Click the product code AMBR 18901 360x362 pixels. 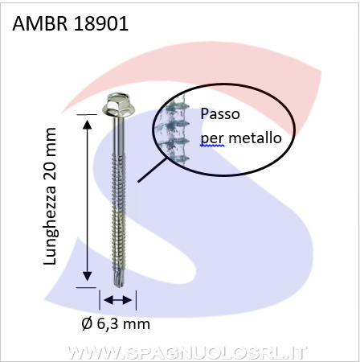[71, 24]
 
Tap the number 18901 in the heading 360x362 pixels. [101, 24]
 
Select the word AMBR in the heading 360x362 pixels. [40, 24]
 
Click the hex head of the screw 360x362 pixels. [119, 102]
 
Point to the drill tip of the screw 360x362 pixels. [118, 279]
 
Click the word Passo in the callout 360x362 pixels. [220, 114]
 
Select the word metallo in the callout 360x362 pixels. [256, 138]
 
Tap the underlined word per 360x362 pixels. [212, 139]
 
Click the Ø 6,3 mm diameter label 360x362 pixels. [116, 324]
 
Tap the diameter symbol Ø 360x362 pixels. [87, 324]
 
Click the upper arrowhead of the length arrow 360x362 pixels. [87, 124]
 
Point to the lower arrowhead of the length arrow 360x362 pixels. [87, 276]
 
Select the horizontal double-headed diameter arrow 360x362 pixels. [118, 300]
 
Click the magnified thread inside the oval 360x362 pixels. [174, 131]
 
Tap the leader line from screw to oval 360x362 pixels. [153, 170]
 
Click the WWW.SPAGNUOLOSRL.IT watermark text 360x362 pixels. [186, 353]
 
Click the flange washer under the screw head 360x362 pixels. [119, 111]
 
